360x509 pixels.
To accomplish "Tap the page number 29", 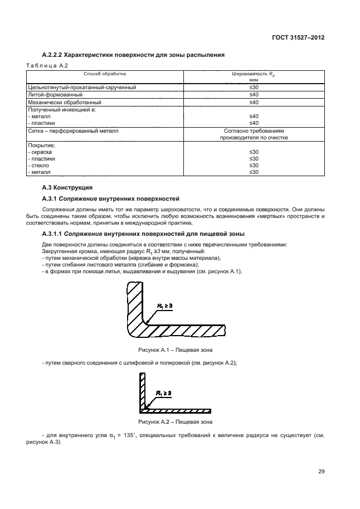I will click(x=322, y=471).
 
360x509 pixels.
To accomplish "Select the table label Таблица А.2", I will click(x=47, y=66).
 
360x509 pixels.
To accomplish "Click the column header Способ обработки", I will click(x=105, y=74).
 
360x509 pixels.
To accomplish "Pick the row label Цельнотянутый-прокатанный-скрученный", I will click(x=82, y=88).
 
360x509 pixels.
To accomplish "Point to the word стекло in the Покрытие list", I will click(x=40, y=166).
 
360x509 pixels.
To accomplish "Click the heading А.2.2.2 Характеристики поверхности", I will click(x=133, y=55).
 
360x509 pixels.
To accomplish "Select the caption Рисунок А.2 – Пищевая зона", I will click(x=175, y=421).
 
